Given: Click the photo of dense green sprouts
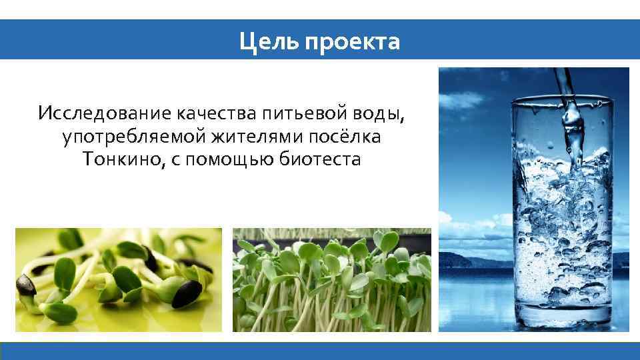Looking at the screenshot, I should (x=331, y=280).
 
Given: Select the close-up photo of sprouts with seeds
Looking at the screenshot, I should (x=119, y=280).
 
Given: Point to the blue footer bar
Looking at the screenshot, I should (x=320, y=351).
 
